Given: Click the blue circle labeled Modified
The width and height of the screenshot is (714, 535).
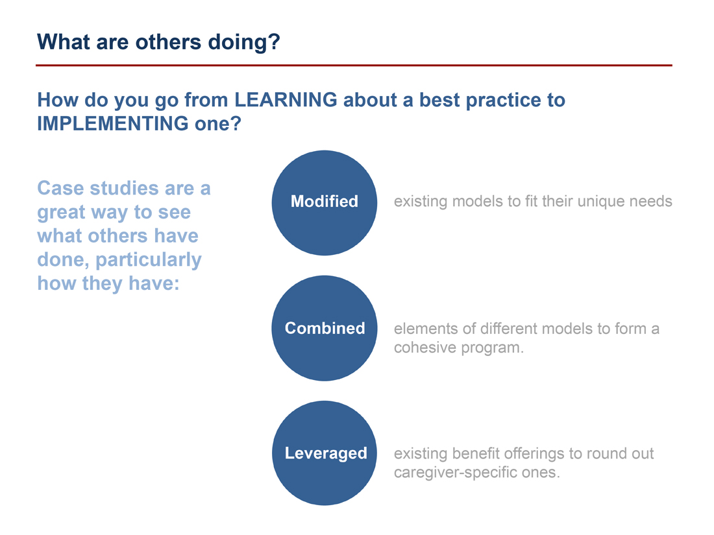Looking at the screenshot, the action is point(324,203).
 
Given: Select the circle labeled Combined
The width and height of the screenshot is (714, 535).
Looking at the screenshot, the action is point(324,328).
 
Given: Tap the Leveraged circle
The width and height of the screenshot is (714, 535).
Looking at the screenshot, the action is point(324,453).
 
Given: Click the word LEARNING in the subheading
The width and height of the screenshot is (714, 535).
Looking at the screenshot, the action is point(286,100).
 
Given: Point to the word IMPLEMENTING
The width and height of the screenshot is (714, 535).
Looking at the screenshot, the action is point(112,123).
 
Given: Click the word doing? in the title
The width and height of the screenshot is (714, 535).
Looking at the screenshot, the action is point(244,42).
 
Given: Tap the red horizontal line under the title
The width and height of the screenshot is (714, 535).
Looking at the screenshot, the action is point(354,65).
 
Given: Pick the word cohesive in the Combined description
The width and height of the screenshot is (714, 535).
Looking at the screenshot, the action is point(425,348).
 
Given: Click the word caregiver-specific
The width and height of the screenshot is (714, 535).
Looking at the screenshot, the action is point(456,473).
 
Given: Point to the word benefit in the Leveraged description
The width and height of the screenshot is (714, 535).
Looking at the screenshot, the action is point(475,453).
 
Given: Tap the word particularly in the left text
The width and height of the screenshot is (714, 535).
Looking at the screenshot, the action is point(149,260).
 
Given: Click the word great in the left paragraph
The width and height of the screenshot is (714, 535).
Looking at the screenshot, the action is point(60,213).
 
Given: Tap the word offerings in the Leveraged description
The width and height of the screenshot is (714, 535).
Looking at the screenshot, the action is point(534,453).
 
